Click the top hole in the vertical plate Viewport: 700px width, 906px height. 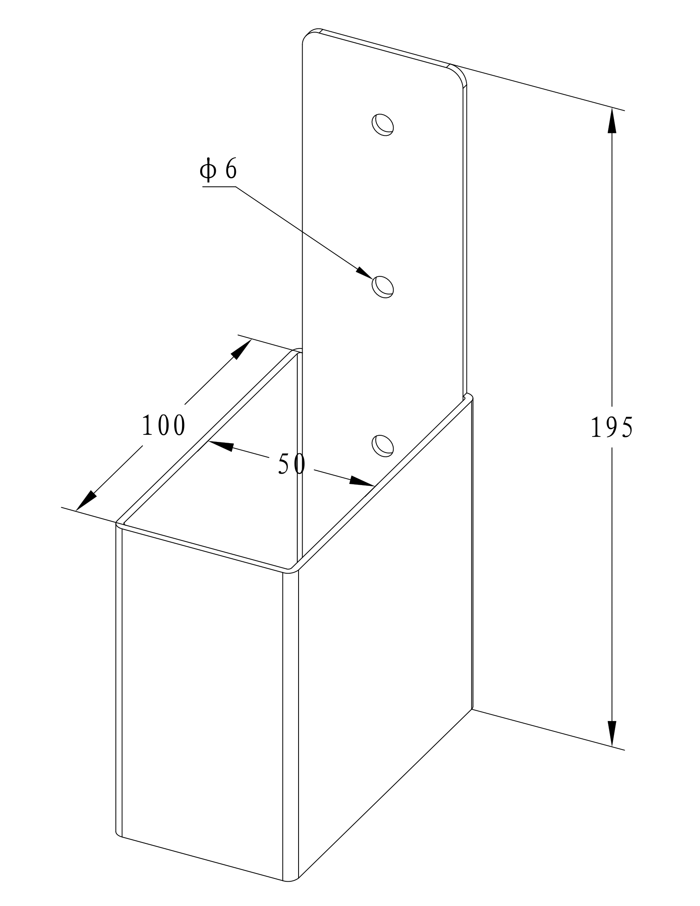coord(382,124)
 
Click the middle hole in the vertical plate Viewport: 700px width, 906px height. coord(382,287)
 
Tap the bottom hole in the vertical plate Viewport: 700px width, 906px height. coord(382,446)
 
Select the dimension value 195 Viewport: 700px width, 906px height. coord(611,427)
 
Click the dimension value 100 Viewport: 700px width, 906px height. coord(163,425)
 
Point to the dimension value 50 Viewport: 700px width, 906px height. coord(292,464)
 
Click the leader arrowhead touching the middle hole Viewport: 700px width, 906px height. coord(364,273)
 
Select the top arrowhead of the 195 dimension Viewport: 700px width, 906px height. coord(611,120)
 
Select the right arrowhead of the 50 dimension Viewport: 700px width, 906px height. coord(362,481)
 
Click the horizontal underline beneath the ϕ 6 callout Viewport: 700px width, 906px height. coord(219,187)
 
